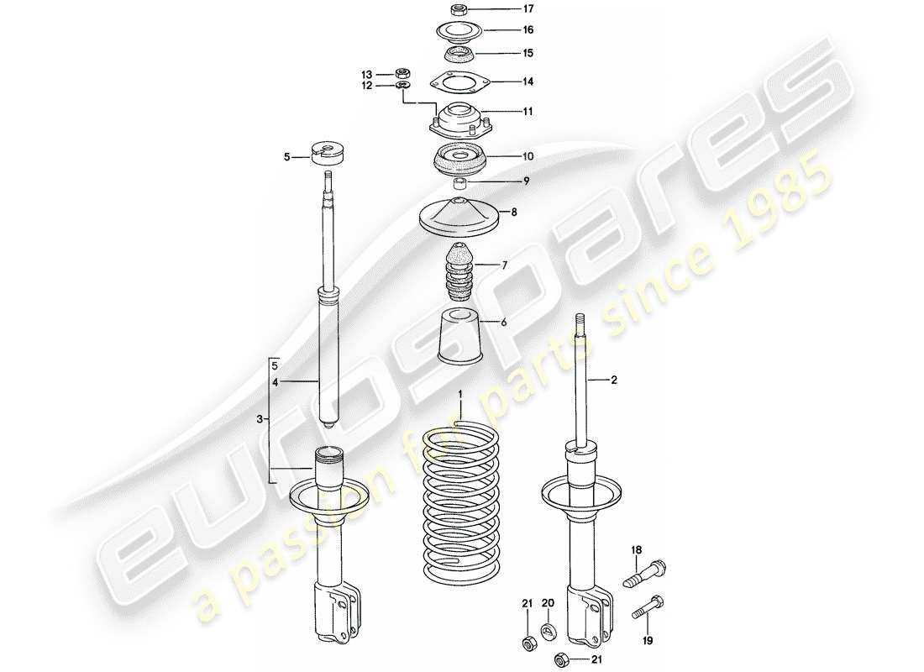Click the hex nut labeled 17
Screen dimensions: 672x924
tap(459, 11)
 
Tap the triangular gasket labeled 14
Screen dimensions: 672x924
tap(459, 82)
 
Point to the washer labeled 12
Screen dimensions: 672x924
tap(402, 86)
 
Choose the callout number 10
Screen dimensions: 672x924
tap(505, 156)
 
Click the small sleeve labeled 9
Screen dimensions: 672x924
tap(459, 183)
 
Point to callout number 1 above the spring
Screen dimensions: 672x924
tap(460, 394)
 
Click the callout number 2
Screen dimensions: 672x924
tap(614, 381)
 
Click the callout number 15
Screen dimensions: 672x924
tap(505, 53)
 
